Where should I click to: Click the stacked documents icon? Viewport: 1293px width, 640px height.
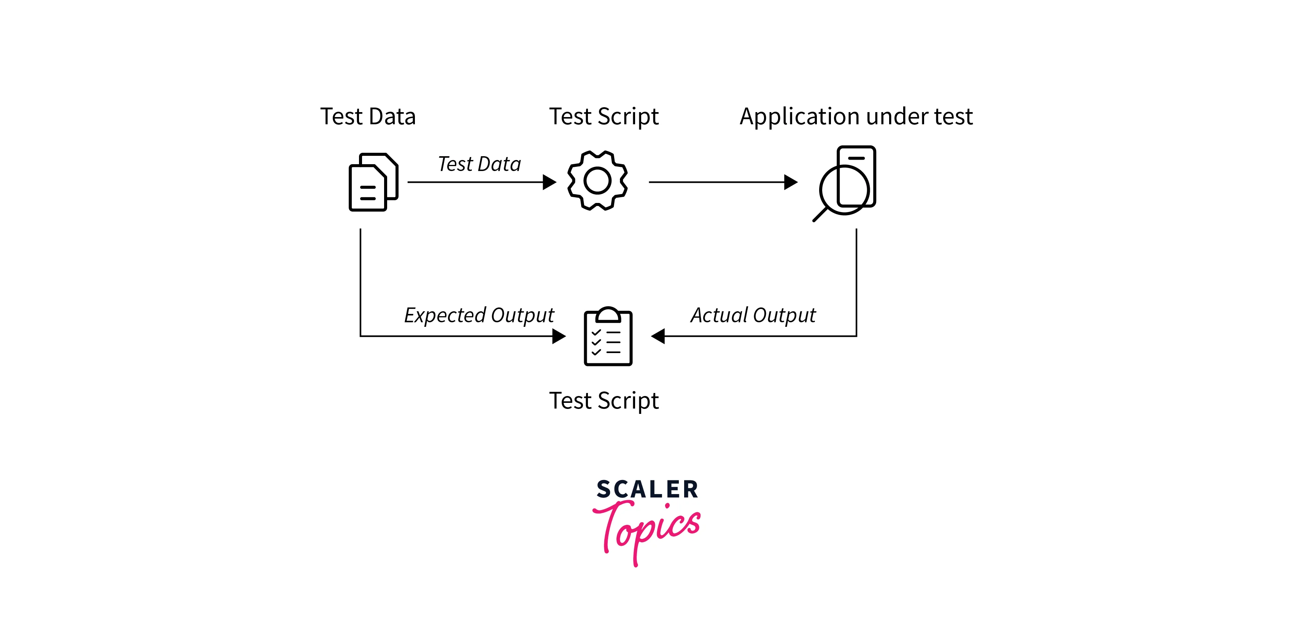click(x=373, y=182)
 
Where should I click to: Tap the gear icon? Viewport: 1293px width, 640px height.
click(x=597, y=181)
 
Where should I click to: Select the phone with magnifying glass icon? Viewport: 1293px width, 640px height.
click(x=844, y=184)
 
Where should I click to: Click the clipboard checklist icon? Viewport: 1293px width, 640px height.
click(x=608, y=336)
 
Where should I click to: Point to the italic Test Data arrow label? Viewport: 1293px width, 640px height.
click(x=479, y=164)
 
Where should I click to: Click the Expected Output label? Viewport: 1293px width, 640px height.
click(x=479, y=315)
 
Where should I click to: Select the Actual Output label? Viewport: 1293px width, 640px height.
click(x=753, y=315)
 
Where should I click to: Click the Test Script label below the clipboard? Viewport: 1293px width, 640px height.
click(x=604, y=401)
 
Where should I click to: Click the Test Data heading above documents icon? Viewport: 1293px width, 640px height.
click(x=368, y=116)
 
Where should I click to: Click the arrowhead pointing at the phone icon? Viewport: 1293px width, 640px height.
click(x=791, y=182)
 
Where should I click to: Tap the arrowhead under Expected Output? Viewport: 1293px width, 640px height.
click(x=559, y=336)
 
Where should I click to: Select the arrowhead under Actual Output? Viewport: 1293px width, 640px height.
click(x=658, y=336)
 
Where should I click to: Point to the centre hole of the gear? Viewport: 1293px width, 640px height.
click(x=597, y=181)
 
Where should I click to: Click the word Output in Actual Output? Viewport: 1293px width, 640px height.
click(x=785, y=315)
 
